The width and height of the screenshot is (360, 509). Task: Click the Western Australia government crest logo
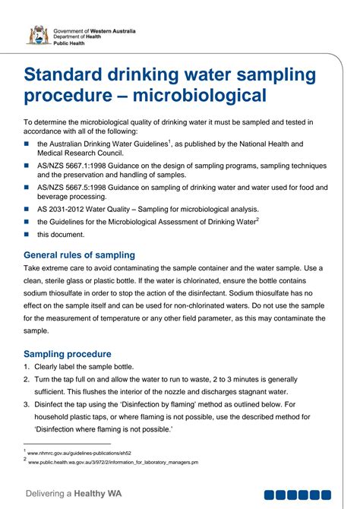click(x=37, y=35)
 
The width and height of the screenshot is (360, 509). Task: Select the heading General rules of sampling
click(x=80, y=254)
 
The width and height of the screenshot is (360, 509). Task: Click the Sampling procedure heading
click(x=68, y=354)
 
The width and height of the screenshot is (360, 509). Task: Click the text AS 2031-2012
click(x=65, y=209)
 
